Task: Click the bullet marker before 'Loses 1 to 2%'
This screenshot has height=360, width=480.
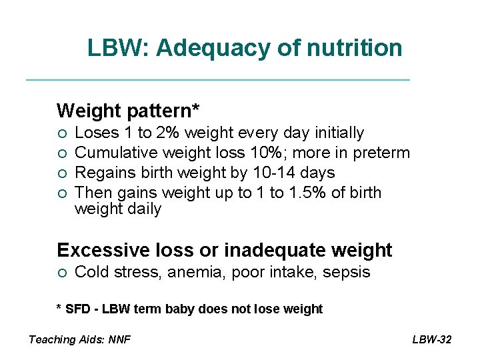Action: [61, 133]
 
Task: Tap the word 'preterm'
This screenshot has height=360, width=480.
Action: [381, 153]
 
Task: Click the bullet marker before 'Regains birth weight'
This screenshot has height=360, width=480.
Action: [61, 173]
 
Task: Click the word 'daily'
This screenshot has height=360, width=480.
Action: [145, 209]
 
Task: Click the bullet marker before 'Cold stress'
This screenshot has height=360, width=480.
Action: [61, 273]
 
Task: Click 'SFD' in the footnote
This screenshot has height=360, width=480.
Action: [77, 309]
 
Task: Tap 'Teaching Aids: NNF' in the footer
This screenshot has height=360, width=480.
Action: [79, 339]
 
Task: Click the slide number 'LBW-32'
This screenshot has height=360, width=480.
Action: [431, 339]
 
